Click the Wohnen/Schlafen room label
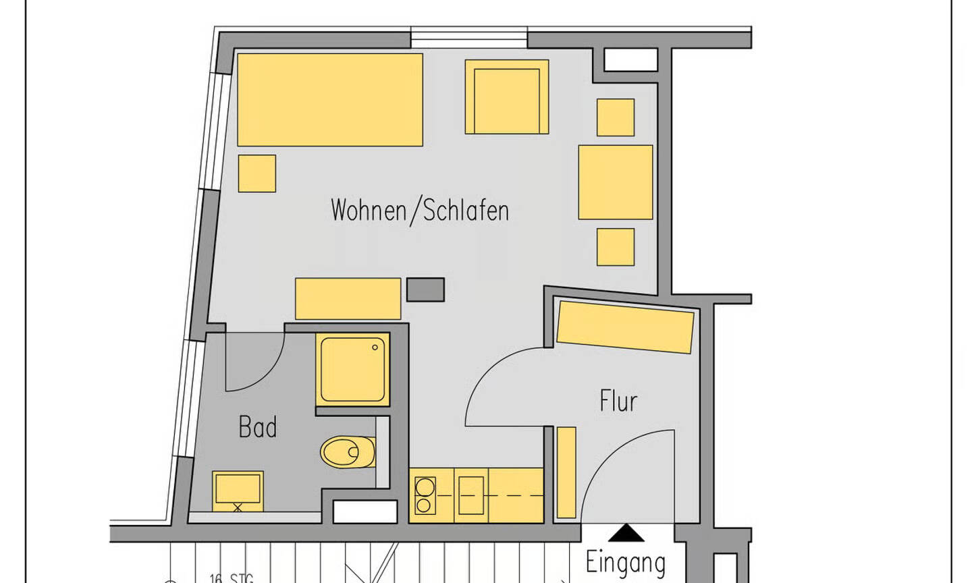coord(419,210)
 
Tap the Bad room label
coord(258,427)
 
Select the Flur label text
coord(618,401)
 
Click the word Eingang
coord(625,562)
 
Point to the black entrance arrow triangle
coord(626,534)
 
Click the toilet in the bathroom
coord(347,452)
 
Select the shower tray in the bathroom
coord(352,370)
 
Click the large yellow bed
coord(329,100)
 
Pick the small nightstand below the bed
coord(256,173)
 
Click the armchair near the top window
coord(506,97)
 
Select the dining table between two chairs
coord(615,182)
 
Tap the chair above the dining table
coord(615,117)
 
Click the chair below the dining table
coord(615,247)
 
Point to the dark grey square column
coord(425,289)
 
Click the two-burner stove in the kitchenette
coord(425,495)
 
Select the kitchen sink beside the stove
coord(471,495)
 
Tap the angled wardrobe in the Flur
coord(625,327)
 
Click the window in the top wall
coord(468,38)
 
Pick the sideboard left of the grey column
coord(348,298)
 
